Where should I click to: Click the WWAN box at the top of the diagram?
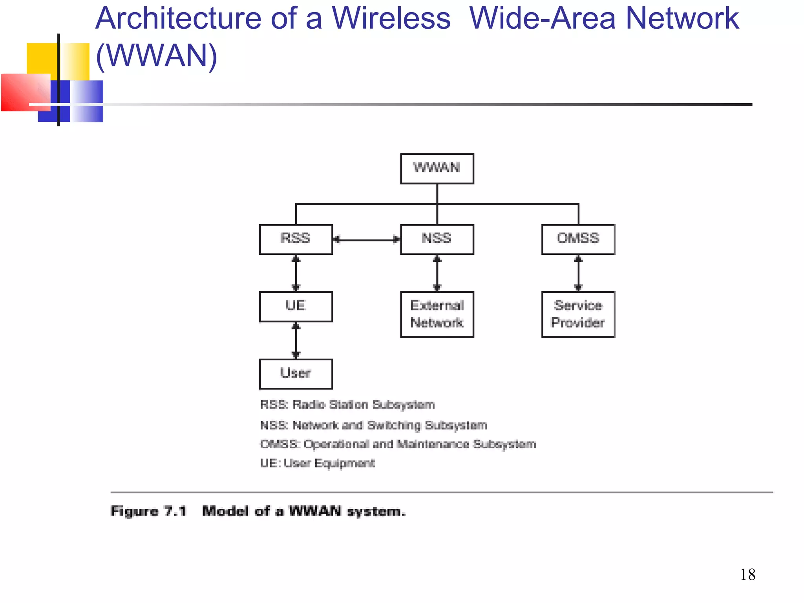point(437,168)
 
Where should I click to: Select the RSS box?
point(296,239)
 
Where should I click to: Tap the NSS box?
point(437,239)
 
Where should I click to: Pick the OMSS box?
point(578,239)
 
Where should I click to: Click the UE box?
point(296,307)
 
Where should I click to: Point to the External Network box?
point(437,314)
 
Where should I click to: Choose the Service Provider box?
point(578,314)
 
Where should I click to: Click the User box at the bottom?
point(296,374)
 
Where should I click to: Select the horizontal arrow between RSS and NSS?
point(367,239)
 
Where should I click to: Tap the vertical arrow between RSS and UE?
point(296,273)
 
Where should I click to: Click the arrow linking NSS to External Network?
point(437,273)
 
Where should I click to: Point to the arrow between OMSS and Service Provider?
point(578,273)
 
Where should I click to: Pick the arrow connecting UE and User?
point(296,340)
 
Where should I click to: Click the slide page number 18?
point(747,575)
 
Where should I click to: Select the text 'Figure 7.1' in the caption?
point(148,511)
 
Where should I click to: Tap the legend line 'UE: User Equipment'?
point(317,463)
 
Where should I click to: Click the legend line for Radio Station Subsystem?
point(347,404)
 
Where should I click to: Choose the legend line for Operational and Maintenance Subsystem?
point(398,444)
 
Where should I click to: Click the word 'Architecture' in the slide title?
point(179,18)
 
